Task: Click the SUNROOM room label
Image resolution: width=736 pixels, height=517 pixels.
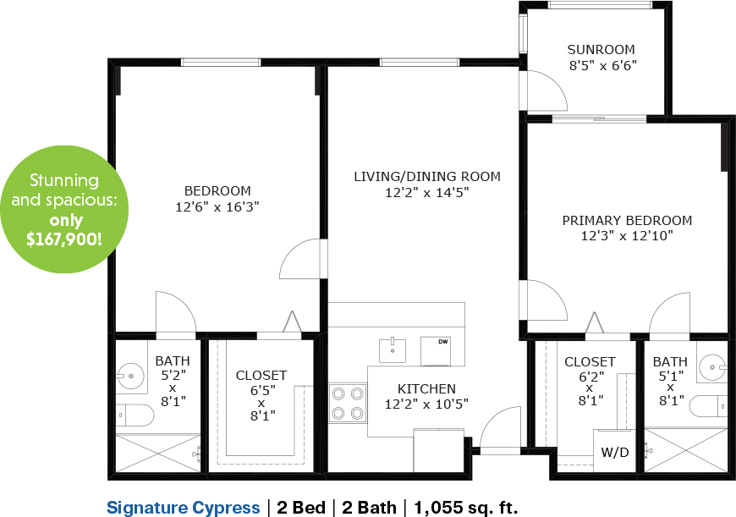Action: pyautogui.click(x=601, y=50)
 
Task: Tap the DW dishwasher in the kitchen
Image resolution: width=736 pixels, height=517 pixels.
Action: pyautogui.click(x=436, y=351)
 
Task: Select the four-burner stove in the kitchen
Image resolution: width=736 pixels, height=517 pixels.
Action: pyautogui.click(x=348, y=403)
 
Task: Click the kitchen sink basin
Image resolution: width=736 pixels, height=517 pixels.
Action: pyautogui.click(x=393, y=349)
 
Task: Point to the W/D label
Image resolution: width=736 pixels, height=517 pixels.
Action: pyautogui.click(x=615, y=453)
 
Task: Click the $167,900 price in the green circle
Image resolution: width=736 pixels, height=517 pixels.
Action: pyautogui.click(x=63, y=239)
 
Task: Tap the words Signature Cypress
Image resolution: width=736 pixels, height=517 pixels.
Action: pyautogui.click(x=183, y=508)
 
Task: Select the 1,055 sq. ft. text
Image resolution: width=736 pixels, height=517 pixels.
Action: pyautogui.click(x=465, y=508)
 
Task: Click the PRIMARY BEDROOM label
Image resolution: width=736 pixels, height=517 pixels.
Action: pyautogui.click(x=627, y=221)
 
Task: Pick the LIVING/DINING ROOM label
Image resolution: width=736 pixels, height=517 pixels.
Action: pyautogui.click(x=427, y=177)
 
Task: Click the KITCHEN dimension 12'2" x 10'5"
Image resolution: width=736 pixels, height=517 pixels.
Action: pyautogui.click(x=426, y=404)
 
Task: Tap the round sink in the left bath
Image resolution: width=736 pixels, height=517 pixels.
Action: pyautogui.click(x=131, y=376)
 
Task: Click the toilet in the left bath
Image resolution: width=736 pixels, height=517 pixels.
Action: pyautogui.click(x=135, y=415)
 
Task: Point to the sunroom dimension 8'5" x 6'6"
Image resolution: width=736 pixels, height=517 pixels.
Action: pyautogui.click(x=603, y=66)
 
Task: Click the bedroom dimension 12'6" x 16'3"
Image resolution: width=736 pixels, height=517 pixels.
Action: pyautogui.click(x=217, y=207)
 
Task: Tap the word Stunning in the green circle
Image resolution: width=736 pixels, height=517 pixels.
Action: pyautogui.click(x=64, y=181)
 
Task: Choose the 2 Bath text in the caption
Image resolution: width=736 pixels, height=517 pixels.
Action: pyautogui.click(x=369, y=508)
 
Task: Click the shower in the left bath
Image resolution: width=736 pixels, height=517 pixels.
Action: pyautogui.click(x=158, y=454)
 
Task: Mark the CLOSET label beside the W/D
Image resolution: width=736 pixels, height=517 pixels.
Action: pyautogui.click(x=590, y=362)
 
